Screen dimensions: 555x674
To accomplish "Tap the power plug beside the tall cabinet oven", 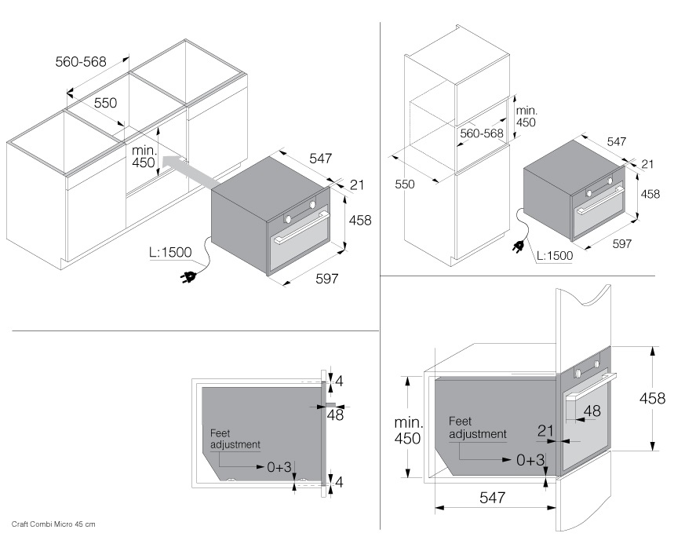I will [518, 247].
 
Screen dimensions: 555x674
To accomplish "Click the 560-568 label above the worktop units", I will [81, 61].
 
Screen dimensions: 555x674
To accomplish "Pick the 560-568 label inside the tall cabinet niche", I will [482, 133].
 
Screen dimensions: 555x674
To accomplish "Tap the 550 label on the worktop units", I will [106, 103].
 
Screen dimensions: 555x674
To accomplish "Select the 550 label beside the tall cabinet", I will [404, 184].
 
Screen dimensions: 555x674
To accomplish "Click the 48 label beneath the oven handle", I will [592, 411].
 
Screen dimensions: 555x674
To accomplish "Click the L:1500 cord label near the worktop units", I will [170, 254].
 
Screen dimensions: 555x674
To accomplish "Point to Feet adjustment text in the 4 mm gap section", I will [235, 438].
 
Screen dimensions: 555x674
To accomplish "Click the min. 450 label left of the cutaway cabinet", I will [408, 430].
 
